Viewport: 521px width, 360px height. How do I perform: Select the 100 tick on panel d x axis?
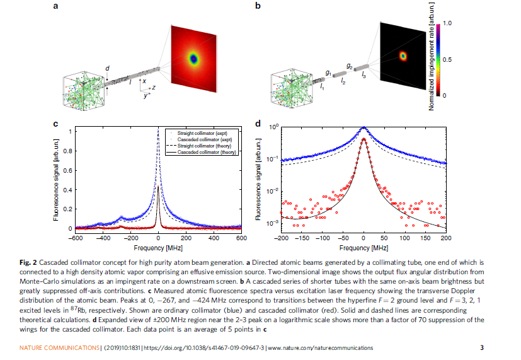tap(404, 240)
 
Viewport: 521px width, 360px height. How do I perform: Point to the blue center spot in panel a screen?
tap(194, 59)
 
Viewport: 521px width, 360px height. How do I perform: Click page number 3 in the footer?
tap(482, 348)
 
